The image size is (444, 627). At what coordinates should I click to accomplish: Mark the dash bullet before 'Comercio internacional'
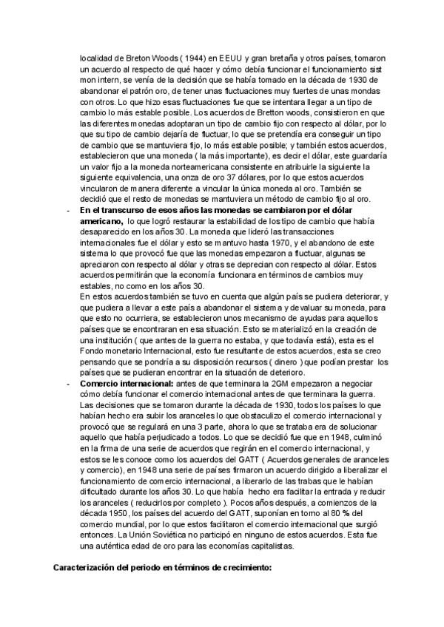coord(69,384)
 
